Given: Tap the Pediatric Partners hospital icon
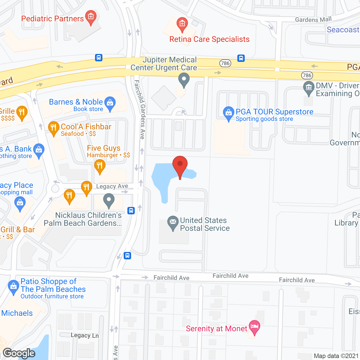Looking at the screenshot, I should [91, 17].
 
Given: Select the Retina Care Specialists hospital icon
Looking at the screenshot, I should [182, 24].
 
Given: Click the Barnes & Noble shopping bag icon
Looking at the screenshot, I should [110, 103].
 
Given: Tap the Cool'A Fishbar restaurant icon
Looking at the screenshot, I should [53, 128].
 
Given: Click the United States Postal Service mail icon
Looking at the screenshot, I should [173, 222].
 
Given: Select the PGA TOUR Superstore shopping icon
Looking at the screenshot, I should [228, 113].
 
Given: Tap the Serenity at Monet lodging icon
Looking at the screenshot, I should [255, 327].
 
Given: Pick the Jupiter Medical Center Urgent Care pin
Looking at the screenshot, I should [184, 79].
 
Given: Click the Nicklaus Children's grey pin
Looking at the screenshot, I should [109, 200].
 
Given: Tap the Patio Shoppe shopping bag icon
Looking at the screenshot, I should [13, 287].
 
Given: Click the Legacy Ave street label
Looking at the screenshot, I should [112, 186].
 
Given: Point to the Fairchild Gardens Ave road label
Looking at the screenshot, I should [140, 110].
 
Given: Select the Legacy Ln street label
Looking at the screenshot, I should [85, 335].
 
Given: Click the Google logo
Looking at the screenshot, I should [19, 353].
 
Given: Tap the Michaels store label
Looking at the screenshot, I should [17, 313].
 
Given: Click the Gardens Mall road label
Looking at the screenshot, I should [313, 19].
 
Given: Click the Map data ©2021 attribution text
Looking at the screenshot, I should [336, 356].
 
